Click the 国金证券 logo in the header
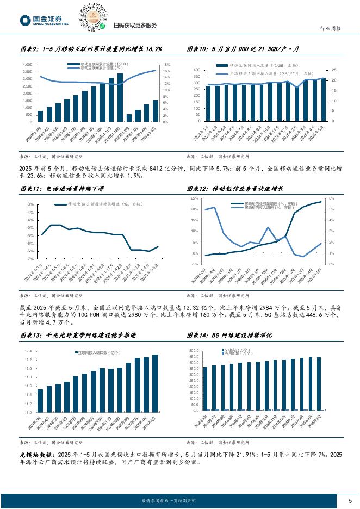(44, 21)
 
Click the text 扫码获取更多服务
(135, 26)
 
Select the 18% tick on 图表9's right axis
(167, 65)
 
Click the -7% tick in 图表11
(31, 260)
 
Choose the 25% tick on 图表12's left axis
(194, 199)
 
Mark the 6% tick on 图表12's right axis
(331, 199)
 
